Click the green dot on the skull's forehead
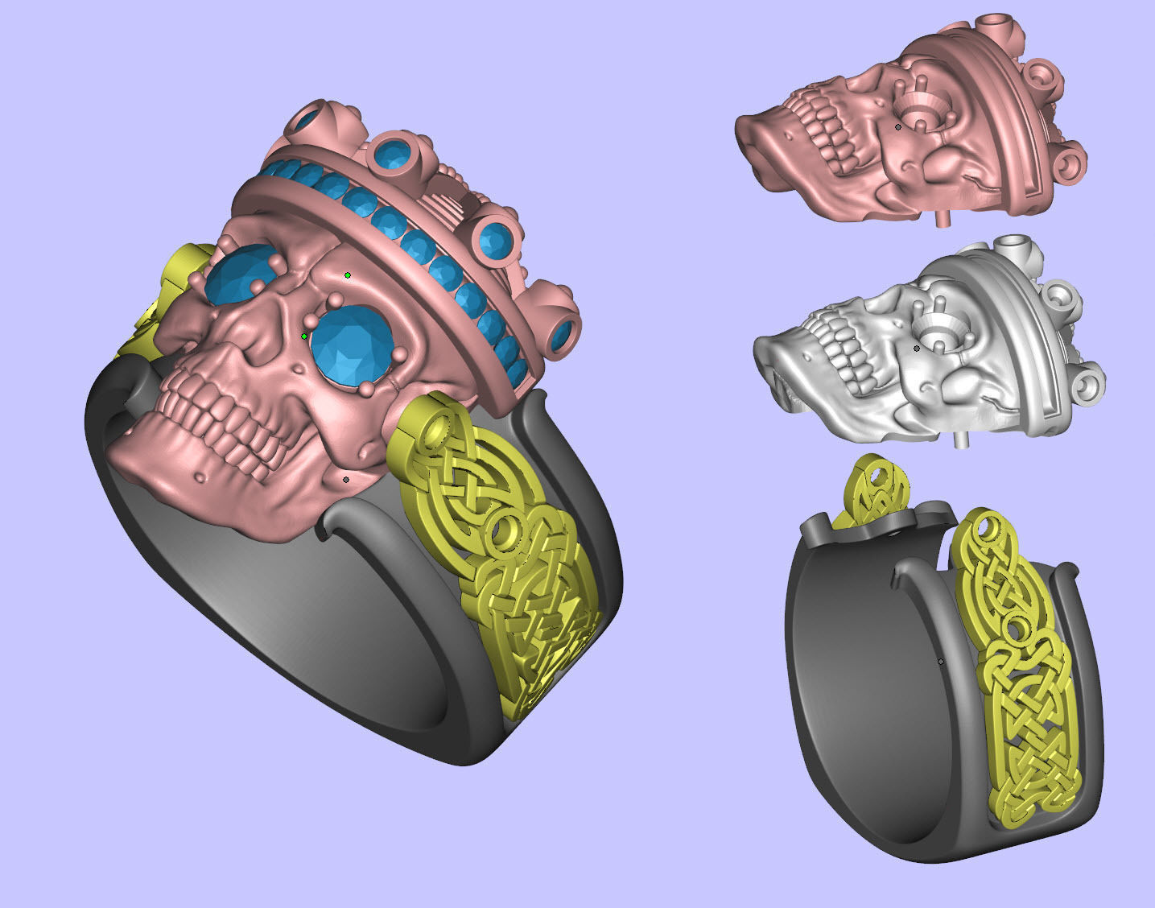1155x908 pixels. [348, 275]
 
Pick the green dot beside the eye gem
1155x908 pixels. [304, 336]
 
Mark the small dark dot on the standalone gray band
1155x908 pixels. [941, 661]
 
